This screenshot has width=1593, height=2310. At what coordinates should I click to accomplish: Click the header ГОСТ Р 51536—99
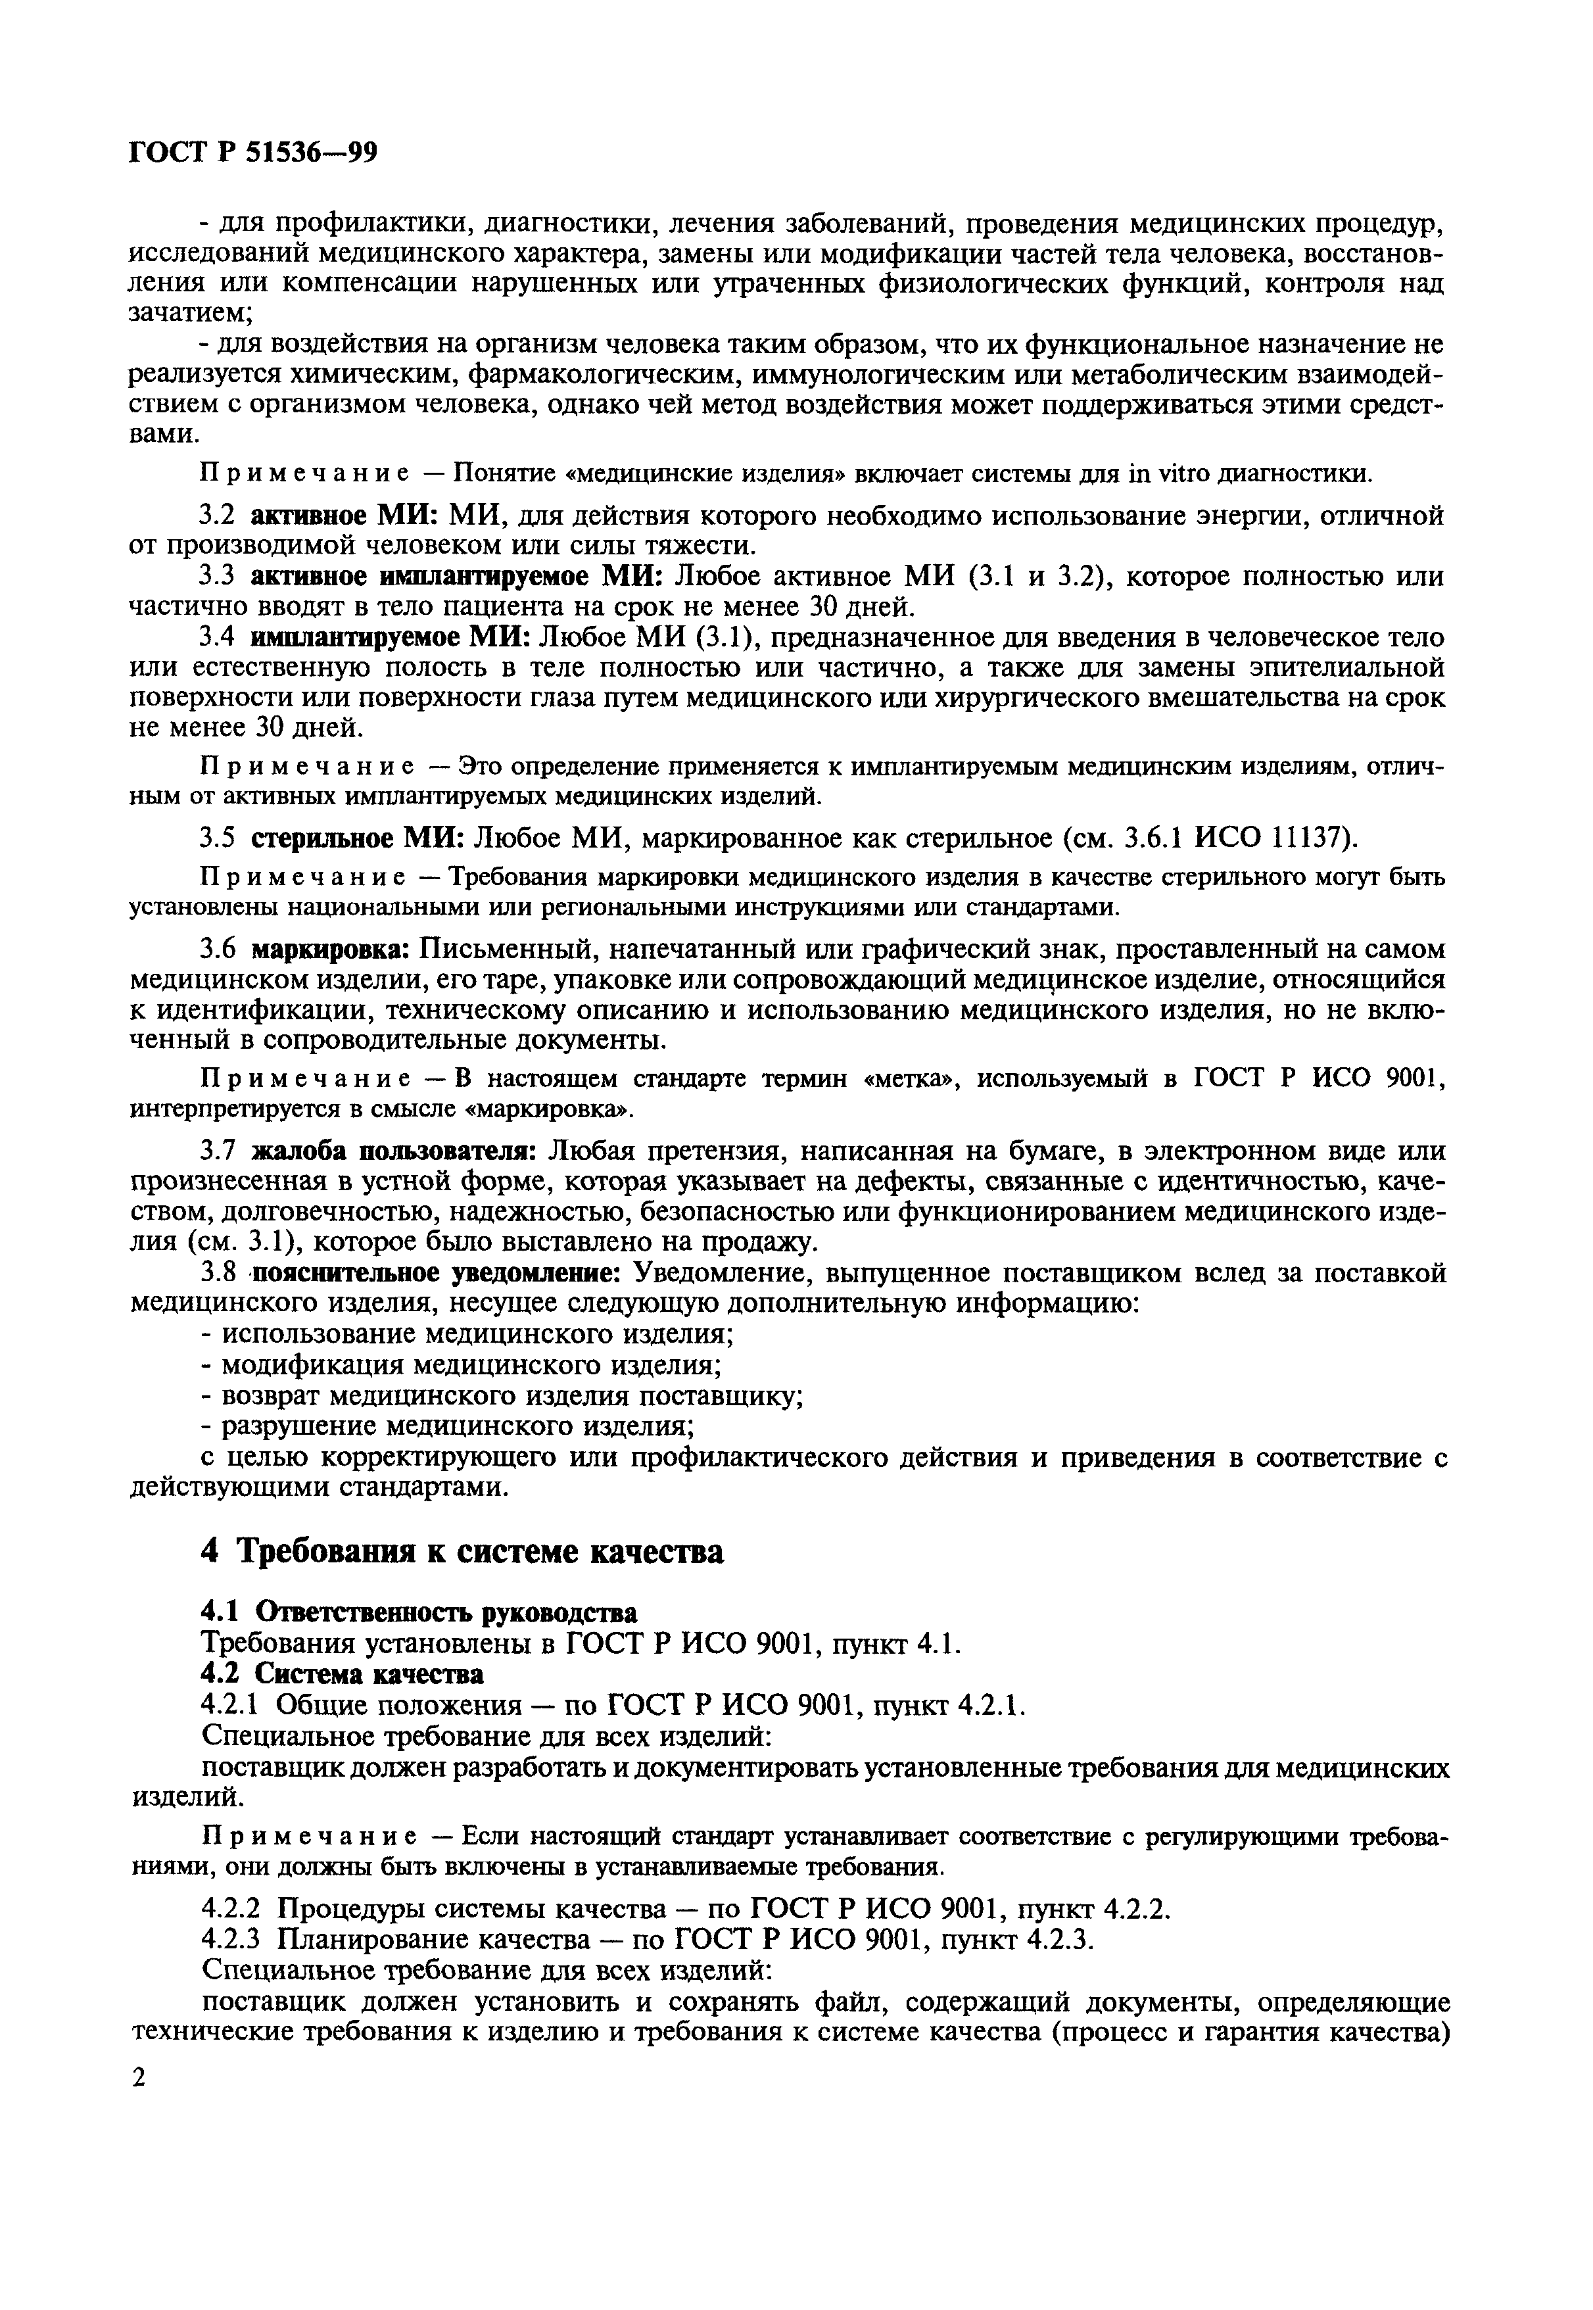coord(254,153)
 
